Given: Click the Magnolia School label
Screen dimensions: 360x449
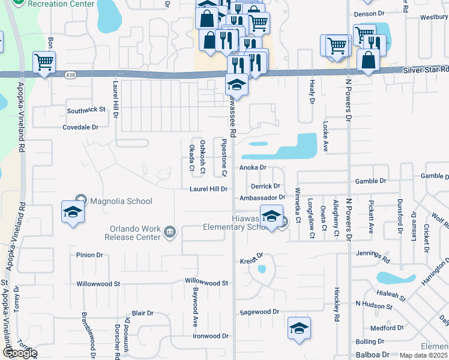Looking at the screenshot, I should click(121, 201).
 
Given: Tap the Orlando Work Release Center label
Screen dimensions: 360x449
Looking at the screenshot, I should click(135, 232).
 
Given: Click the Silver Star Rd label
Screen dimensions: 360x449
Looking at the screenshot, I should click(427, 70).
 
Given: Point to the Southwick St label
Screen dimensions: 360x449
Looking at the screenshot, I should click(86, 110).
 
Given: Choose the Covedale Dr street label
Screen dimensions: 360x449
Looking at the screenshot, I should click(80, 127).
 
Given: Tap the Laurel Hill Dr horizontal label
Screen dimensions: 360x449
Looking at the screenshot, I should click(209, 189).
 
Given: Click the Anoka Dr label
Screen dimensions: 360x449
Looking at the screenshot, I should click(253, 168).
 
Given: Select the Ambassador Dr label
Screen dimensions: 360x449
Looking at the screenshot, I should click(261, 197).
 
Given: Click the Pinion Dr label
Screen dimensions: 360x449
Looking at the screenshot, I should click(89, 255).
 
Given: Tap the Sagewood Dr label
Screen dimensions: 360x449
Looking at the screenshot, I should click(260, 312).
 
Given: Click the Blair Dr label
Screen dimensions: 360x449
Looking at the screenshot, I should click(143, 313).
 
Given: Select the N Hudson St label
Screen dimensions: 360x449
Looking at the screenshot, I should click(374, 306).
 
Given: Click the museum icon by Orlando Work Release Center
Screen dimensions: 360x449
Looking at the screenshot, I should click(170, 232).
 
